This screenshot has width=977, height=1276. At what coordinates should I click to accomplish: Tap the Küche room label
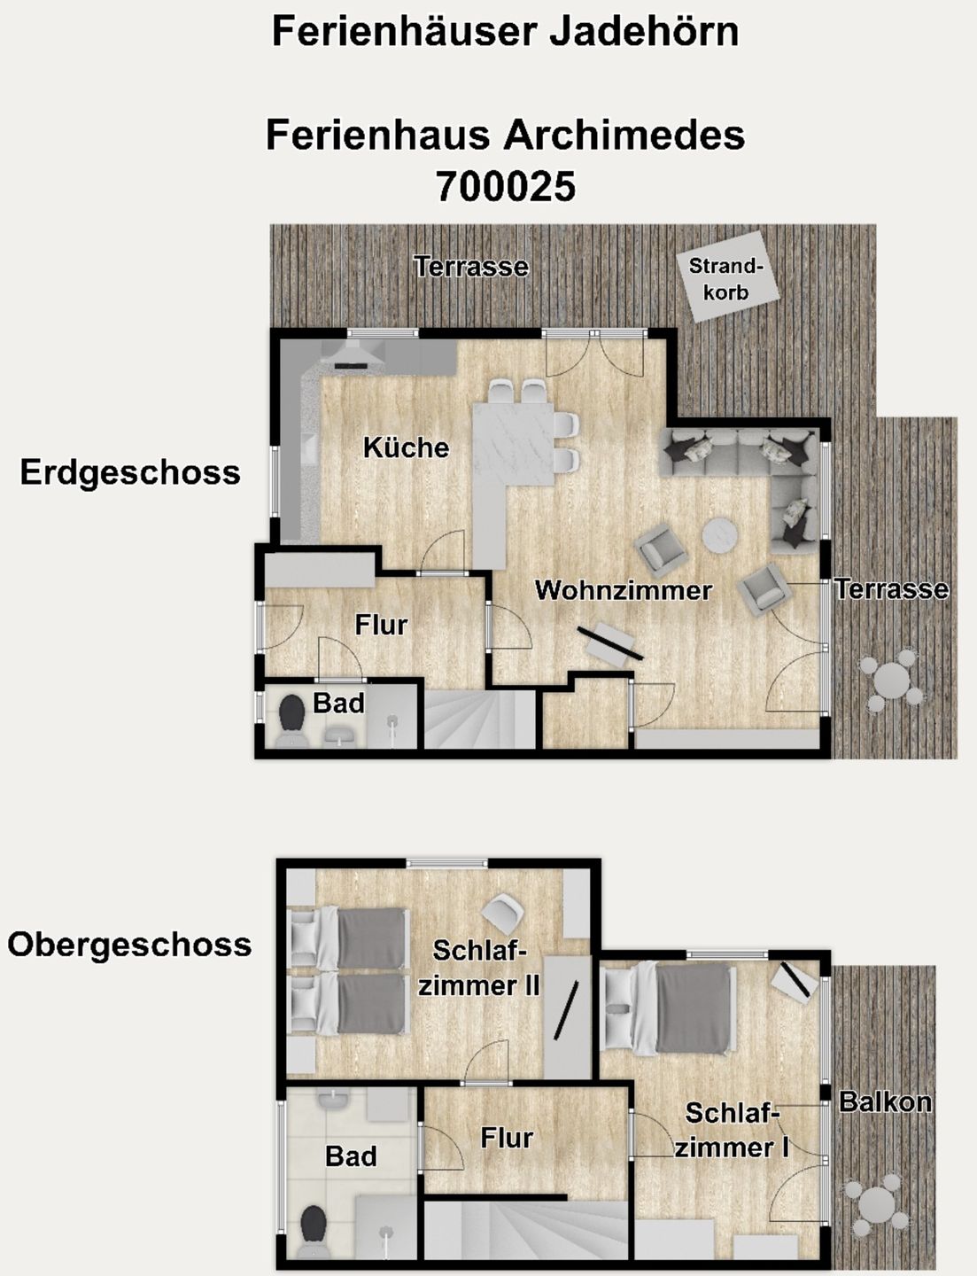click(406, 447)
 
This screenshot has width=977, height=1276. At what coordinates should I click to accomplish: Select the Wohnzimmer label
click(624, 590)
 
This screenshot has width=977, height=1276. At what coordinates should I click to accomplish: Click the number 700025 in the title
click(505, 186)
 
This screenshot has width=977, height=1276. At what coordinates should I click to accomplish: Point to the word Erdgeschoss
click(130, 472)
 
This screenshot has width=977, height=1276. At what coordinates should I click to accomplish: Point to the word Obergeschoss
click(129, 945)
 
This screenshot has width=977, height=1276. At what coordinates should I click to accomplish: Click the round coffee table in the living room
click(720, 535)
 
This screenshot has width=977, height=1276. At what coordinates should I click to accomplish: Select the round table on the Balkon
click(876, 1205)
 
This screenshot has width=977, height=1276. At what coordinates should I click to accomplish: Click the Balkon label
click(885, 1102)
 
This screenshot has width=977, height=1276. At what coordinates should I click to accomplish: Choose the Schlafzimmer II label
click(479, 968)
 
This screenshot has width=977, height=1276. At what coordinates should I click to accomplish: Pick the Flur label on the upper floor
click(507, 1138)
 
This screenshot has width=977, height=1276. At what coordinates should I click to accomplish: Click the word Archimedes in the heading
click(624, 136)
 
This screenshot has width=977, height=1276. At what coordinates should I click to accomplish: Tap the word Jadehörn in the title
click(644, 32)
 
